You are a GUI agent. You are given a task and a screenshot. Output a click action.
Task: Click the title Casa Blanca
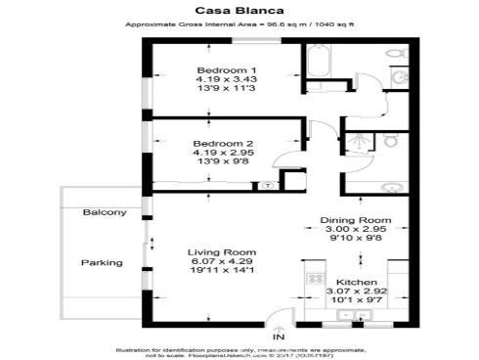pyautogui.click(x=239, y=11)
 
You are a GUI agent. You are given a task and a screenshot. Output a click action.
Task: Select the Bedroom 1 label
pyautogui.click(x=226, y=70)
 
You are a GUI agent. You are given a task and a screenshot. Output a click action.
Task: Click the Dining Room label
pyautogui.click(x=357, y=220)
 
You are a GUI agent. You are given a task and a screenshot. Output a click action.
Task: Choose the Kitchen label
pyautogui.click(x=357, y=281)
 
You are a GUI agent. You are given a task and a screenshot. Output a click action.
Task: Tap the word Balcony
pyautogui.click(x=105, y=212)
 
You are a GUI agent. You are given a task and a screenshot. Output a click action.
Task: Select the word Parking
pyautogui.click(x=102, y=262)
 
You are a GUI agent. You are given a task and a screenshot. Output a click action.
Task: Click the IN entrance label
pyautogui.click(x=278, y=337)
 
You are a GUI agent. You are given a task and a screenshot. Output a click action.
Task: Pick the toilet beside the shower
pyautogui.click(x=390, y=141)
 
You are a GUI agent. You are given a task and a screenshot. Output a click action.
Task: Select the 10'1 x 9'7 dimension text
pyautogui.click(x=357, y=302)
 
